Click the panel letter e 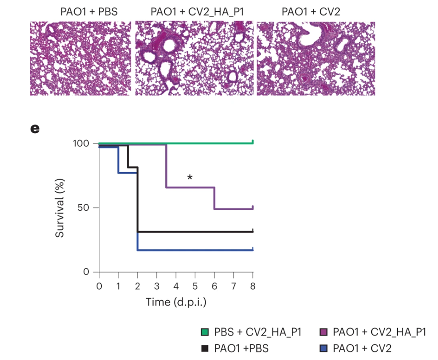tap(35, 129)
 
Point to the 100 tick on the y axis tap(81, 143)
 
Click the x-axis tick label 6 tap(214, 286)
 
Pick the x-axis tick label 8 tap(253, 286)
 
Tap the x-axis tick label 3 tap(157, 286)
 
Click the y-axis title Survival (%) tap(60, 208)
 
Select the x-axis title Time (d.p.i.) tap(176, 302)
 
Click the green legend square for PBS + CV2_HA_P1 tap(205, 332)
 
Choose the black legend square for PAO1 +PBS tap(205, 348)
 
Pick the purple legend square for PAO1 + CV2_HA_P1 tap(323, 332)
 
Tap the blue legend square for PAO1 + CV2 tap(323, 348)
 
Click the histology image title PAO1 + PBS tap(89, 12)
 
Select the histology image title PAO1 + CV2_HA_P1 tap(197, 12)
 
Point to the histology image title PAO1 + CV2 tap(311, 12)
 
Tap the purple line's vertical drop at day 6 tap(214, 198)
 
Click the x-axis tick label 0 tap(99, 286)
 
